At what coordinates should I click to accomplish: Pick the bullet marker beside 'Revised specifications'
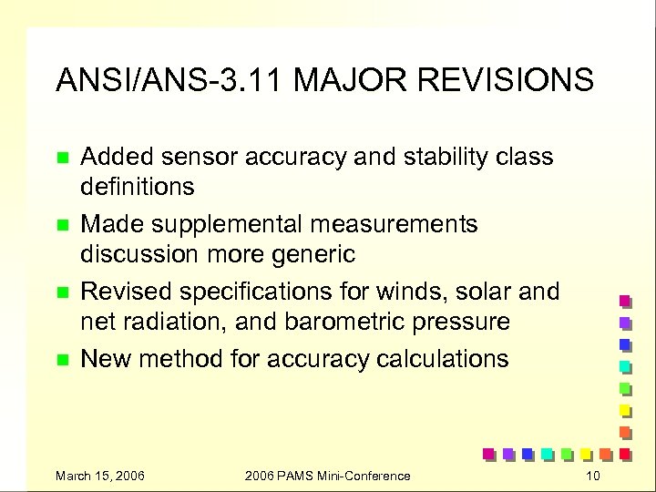[x=62, y=292]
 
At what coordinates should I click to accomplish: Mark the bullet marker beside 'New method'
[x=62, y=360]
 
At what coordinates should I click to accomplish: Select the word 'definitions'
[x=138, y=187]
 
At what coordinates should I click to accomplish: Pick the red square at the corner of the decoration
[x=625, y=453]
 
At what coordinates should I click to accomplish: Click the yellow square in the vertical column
[x=625, y=409]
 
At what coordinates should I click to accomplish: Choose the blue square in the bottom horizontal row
[x=527, y=453]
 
